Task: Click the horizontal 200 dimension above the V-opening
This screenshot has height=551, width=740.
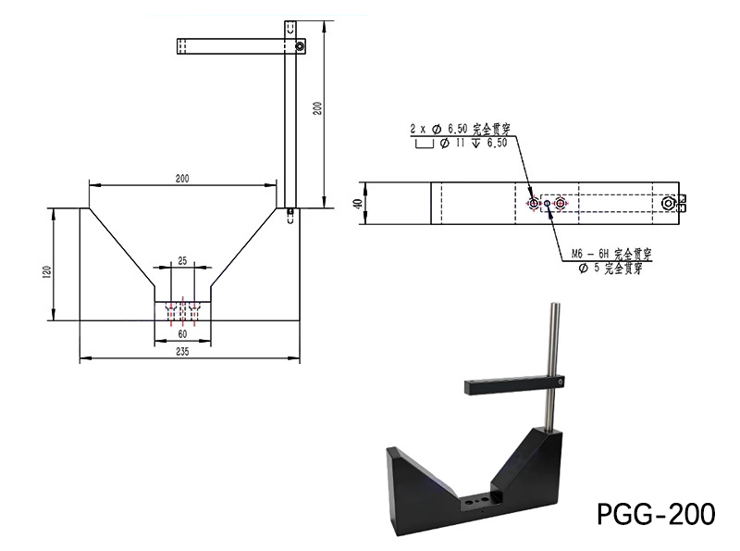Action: coord(181,179)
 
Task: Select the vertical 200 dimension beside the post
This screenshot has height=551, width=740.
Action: coord(317,108)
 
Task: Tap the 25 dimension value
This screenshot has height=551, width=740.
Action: coord(182,262)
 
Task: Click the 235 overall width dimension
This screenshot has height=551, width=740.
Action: coord(182,351)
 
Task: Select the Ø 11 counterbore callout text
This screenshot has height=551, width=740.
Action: coord(469,144)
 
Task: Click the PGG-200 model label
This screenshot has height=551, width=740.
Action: coord(656,512)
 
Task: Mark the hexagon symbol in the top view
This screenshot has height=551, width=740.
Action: coord(669,203)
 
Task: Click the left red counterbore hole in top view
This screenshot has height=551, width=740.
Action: coord(534,203)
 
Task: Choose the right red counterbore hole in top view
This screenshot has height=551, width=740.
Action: coord(560,203)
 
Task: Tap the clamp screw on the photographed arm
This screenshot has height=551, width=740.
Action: coord(560,381)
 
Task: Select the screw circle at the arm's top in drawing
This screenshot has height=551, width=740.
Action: coord(299,43)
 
